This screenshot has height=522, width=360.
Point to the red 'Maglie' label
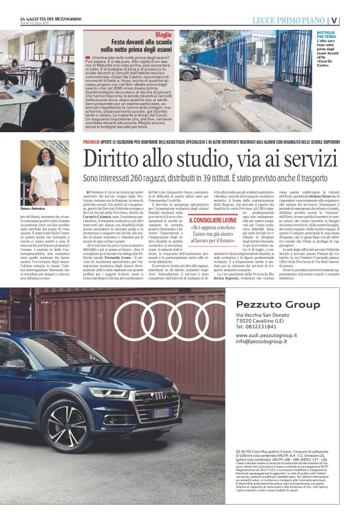(164, 35)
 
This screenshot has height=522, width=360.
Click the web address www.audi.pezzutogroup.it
(267, 336)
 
